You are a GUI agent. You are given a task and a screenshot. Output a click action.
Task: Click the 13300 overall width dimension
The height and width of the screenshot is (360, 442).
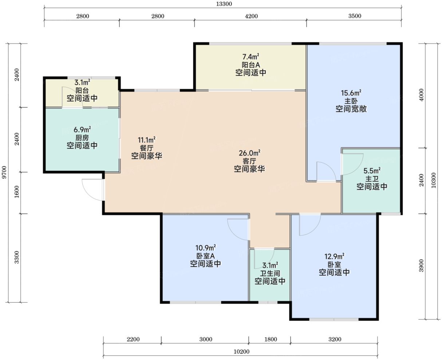coord(224,4)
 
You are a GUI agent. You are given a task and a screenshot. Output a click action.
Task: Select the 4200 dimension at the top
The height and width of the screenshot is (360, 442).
coord(251,16)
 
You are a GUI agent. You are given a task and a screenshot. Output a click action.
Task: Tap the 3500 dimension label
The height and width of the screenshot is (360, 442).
coord(355,16)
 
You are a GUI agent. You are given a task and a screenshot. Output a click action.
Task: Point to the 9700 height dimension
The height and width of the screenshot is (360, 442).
coord(5,172)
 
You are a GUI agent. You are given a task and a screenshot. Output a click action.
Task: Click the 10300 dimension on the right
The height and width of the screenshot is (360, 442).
coord(434,181)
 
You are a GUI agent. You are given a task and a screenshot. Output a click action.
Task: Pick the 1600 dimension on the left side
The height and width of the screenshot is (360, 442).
coord(17,192)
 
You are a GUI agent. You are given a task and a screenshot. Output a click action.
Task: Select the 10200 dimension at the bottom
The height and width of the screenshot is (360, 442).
coord(241,352)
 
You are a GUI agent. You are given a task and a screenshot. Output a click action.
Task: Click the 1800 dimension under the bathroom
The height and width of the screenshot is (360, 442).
coord(271,339)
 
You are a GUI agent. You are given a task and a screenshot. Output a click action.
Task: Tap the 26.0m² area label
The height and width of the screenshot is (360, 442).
coord(249,153)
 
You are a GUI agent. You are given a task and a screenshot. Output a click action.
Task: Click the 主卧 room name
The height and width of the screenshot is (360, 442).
coord(351,101)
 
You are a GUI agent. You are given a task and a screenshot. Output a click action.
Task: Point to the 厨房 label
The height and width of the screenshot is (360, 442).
coord(82,138)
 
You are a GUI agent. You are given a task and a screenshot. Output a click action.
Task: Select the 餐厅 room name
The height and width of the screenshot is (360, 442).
coord(146,148)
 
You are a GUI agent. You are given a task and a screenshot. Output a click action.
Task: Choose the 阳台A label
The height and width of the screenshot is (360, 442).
coord(251,65)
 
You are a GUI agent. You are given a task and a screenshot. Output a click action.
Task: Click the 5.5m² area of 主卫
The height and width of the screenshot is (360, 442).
coord(372,171)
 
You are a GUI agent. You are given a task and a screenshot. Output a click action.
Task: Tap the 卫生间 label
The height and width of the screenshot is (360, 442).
coord(270,273)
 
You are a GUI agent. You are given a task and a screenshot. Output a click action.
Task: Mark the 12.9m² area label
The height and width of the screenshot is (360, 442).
coord(334,257)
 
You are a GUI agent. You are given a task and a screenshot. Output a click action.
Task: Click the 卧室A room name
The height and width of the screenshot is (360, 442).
coord(205,256)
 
